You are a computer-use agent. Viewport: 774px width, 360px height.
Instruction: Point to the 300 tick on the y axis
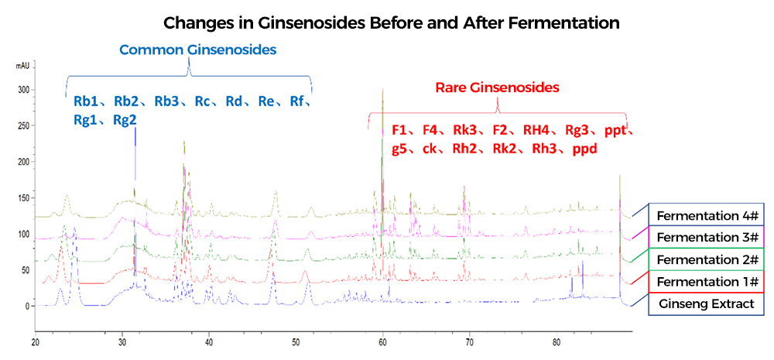pyautogui.click(x=23, y=90)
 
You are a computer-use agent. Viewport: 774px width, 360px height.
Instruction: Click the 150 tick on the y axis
pyautogui.click(x=23, y=198)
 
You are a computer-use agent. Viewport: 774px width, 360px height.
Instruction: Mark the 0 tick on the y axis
pyautogui.click(x=27, y=307)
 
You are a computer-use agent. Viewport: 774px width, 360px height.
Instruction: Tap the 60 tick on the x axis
pyautogui.click(x=383, y=341)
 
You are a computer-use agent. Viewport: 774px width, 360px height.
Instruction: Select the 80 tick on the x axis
pyautogui.click(x=557, y=341)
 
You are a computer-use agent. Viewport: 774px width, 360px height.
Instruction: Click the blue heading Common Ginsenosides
pyautogui.click(x=197, y=50)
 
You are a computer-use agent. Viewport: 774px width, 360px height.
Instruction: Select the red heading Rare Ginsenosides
pyautogui.click(x=497, y=87)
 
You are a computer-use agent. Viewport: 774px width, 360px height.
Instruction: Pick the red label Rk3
pyautogui.click(x=466, y=130)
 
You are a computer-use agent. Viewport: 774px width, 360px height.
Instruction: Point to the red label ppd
pyautogui.click(x=585, y=148)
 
